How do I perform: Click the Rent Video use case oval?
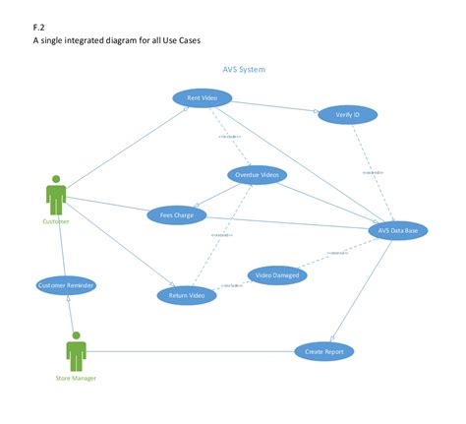click(x=202, y=97)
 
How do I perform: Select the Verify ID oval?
click(x=347, y=115)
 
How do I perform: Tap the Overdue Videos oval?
click(x=257, y=174)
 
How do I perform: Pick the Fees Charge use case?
click(x=177, y=213)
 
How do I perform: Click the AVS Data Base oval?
click(x=397, y=230)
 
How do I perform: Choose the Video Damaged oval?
click(x=277, y=275)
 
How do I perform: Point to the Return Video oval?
click(x=187, y=295)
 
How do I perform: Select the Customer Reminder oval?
click(x=66, y=285)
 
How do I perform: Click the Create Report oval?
click(x=323, y=351)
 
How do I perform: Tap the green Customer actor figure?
click(x=56, y=195)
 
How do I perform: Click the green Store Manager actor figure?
click(x=76, y=351)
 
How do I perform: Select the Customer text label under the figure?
click(x=56, y=221)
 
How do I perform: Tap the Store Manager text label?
click(x=76, y=378)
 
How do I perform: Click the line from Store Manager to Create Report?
click(x=187, y=351)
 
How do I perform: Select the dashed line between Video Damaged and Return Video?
click(x=232, y=284)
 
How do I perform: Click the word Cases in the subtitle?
click(x=198, y=40)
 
